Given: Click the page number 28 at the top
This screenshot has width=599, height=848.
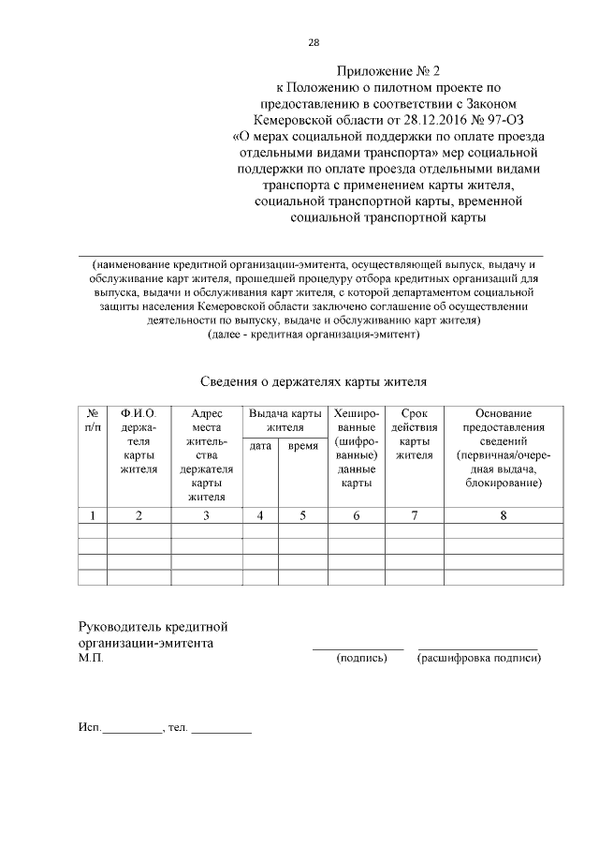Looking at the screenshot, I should point(314,42).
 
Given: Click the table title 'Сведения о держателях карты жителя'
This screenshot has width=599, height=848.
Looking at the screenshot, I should point(314,381).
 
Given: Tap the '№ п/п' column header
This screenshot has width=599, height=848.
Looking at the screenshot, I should point(93,420).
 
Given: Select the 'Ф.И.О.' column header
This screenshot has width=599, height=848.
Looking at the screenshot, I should point(139,413).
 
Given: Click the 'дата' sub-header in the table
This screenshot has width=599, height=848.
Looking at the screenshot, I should point(260,446).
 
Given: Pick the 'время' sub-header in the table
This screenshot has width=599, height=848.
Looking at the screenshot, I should point(301,446).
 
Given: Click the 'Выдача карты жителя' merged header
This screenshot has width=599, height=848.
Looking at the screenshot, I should point(281,420).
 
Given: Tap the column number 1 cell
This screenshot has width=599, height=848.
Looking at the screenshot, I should point(93,514).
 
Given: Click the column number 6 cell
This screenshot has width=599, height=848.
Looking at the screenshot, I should point(356,514).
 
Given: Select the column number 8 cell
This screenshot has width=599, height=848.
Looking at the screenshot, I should point(504,514).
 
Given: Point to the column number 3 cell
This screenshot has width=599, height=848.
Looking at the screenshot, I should point(207,514).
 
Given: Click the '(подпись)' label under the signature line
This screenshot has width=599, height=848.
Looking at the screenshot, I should point(360,659).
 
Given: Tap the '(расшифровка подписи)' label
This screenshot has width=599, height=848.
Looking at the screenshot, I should point(478,659).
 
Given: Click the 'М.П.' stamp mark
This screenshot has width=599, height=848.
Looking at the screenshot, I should point(91,659).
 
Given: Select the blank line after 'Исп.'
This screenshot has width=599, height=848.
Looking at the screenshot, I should point(132,727).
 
